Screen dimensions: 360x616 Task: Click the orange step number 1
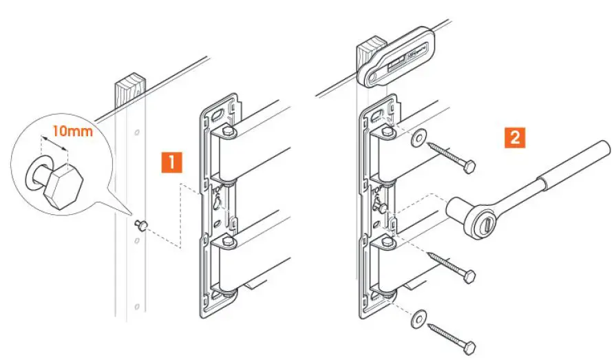point(171,162)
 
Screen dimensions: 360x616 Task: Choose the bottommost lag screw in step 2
point(452,334)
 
